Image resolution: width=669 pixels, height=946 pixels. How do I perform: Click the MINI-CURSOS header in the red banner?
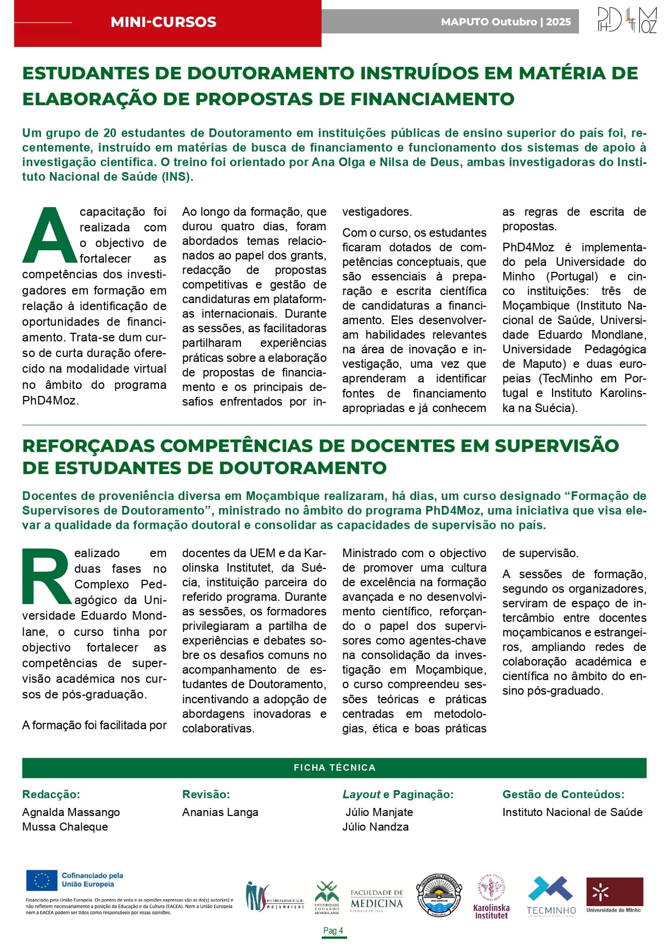click(163, 22)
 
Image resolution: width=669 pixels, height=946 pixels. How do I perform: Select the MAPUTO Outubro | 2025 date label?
click(505, 22)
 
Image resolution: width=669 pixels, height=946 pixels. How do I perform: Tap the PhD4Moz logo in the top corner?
click(627, 20)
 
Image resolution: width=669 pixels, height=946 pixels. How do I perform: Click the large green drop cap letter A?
click(49, 235)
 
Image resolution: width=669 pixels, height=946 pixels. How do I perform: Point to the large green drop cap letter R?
click(46, 576)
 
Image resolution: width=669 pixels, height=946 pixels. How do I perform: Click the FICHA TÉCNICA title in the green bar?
click(334, 767)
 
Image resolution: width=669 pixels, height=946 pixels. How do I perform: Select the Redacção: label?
click(51, 794)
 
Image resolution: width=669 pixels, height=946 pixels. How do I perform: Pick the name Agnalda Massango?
click(71, 812)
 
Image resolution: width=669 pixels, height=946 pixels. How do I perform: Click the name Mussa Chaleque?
click(65, 826)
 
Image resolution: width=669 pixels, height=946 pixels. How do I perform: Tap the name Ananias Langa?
click(220, 812)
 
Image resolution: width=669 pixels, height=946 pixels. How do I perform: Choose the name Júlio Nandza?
click(375, 826)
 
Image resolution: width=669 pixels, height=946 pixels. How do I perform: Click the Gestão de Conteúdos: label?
click(563, 794)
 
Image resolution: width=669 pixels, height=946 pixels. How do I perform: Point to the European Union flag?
click(42, 881)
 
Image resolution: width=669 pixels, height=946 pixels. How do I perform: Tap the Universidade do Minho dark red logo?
click(615, 895)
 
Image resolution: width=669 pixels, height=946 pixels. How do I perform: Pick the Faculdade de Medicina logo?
click(376, 900)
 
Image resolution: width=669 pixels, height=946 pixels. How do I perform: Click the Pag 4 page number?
click(333, 930)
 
